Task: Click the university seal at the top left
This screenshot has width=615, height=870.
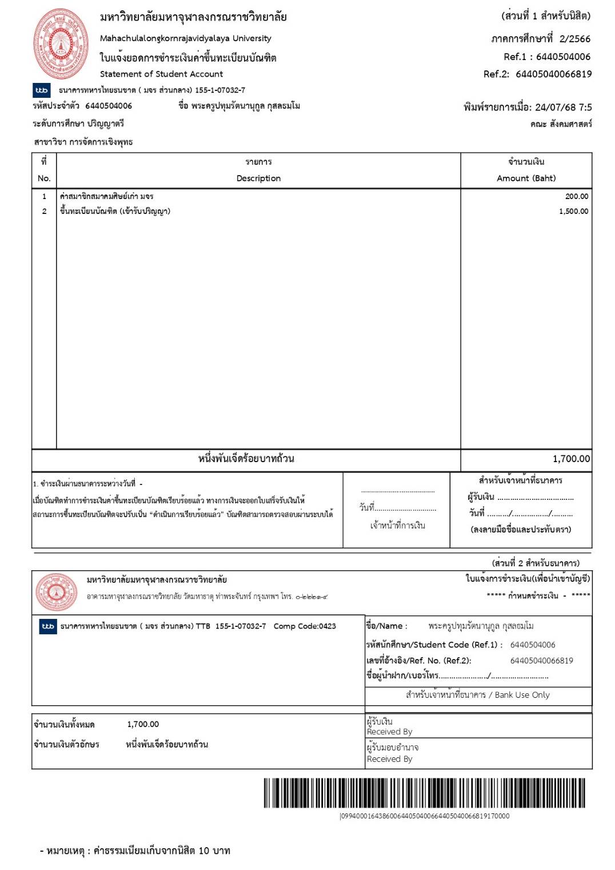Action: pyautogui.click(x=61, y=44)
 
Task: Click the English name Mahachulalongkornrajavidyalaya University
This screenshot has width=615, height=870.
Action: pyautogui.click(x=185, y=38)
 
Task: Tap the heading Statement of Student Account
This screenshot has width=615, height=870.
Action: pyautogui.click(x=161, y=74)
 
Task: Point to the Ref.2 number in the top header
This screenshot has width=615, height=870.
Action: pyautogui.click(x=553, y=74)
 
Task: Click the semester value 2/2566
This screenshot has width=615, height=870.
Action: pyautogui.click(x=574, y=39)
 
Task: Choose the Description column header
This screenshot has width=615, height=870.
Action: pyautogui.click(x=258, y=178)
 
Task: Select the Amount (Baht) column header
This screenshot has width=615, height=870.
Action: pyautogui.click(x=526, y=178)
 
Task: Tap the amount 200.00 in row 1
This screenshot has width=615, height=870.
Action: pyautogui.click(x=576, y=196)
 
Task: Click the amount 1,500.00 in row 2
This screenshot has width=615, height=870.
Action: pyautogui.click(x=573, y=211)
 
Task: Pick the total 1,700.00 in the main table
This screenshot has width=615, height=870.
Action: pyautogui.click(x=571, y=458)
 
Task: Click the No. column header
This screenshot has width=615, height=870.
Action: pyautogui.click(x=44, y=178)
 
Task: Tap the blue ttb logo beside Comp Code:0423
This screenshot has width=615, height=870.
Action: pyautogui.click(x=48, y=626)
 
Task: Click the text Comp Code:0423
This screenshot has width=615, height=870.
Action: pyautogui.click(x=305, y=626)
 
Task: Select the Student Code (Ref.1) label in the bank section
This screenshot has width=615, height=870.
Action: pyautogui.click(x=434, y=645)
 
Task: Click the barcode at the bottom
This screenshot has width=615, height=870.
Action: pyautogui.click(x=424, y=793)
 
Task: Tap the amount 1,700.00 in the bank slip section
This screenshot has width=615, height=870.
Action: pyautogui.click(x=143, y=724)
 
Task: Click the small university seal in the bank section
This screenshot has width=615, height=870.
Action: pyautogui.click(x=56, y=591)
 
